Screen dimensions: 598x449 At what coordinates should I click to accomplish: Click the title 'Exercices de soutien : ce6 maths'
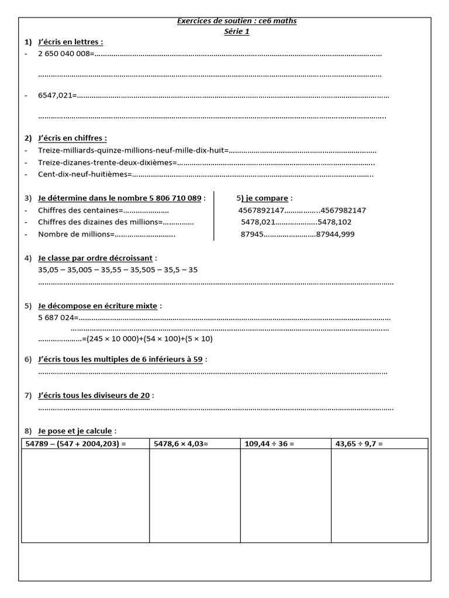(237, 21)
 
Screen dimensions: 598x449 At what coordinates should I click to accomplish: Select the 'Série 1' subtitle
(237, 32)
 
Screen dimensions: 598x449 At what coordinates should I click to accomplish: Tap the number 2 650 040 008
(65, 54)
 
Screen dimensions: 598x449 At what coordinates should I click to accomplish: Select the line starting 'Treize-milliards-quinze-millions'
(132, 150)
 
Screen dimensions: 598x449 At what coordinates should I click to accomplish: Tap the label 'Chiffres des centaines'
(78, 210)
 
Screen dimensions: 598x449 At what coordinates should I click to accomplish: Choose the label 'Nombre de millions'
(74, 234)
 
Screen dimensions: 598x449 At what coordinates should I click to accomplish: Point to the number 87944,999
(335, 234)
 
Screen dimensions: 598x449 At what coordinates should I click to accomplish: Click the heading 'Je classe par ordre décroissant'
(95, 258)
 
